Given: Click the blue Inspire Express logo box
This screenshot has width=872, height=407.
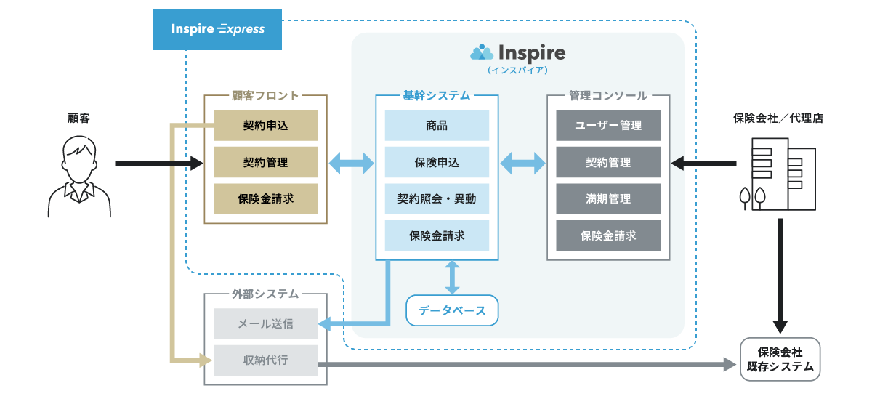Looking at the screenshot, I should tap(217, 29).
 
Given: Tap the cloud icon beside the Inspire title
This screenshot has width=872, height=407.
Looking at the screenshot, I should tap(482, 52).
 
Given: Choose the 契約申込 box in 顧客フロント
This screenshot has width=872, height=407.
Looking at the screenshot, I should tap(266, 126).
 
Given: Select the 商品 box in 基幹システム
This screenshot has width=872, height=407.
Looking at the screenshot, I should tap(437, 126).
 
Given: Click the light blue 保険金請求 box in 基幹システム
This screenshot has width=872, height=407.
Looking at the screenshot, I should tap(437, 235).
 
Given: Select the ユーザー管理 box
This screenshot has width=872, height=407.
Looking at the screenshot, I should tap(608, 126).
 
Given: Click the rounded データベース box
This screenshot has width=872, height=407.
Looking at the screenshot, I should tap(452, 310).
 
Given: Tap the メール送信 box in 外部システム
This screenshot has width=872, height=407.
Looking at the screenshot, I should tap(266, 323).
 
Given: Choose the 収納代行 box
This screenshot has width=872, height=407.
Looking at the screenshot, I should tap(266, 360).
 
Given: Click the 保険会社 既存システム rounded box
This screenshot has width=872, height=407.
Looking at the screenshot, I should tap(780, 359).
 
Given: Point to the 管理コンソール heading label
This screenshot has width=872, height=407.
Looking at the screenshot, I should tap(608, 95).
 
